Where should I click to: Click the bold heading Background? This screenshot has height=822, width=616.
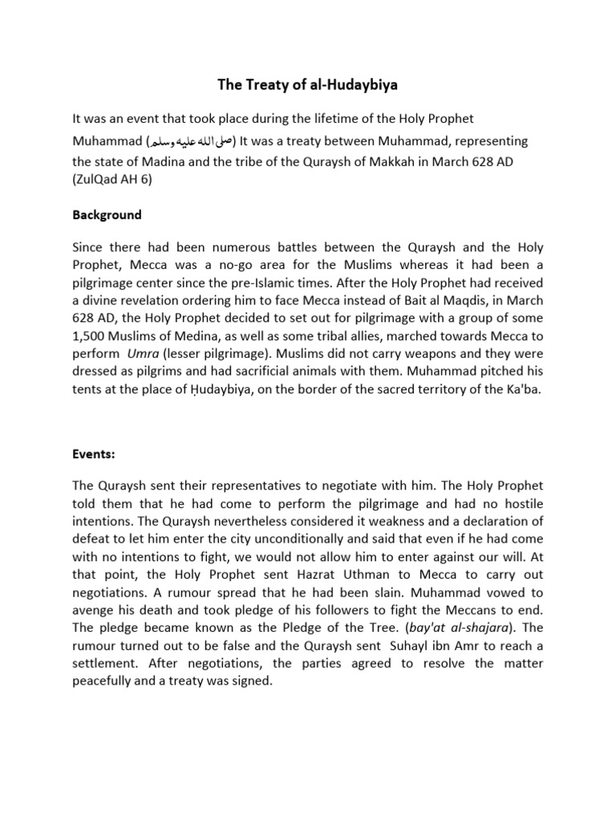[x=107, y=215]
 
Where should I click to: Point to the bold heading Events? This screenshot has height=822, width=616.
[x=94, y=454]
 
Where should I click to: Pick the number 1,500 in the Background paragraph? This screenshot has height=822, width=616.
[x=89, y=336]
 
